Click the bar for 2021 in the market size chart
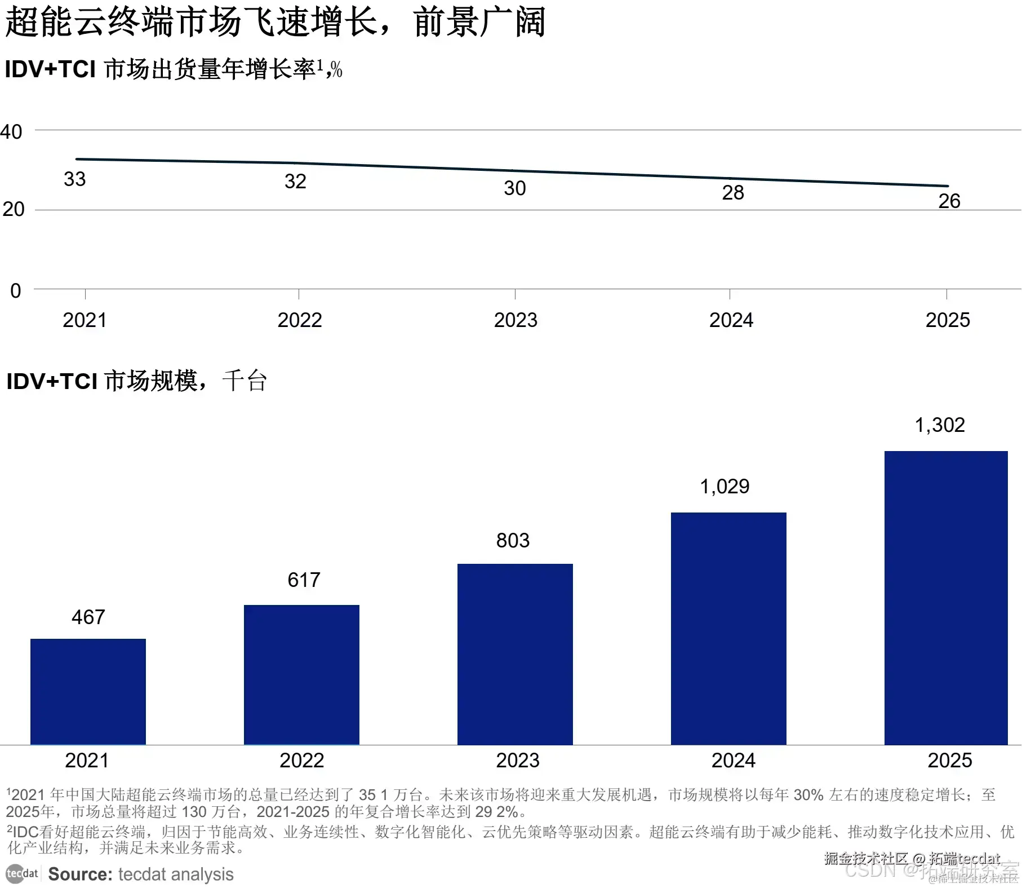88,691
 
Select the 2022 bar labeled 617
301,674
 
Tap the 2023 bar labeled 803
515,654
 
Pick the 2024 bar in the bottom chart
728,628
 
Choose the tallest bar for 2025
945,598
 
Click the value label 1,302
940,425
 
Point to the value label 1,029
725,487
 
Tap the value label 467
88,617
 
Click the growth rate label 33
75,179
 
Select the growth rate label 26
949,201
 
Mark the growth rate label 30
515,188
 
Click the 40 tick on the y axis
11,132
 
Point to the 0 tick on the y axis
16,291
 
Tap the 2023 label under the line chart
516,320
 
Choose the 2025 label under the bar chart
950,761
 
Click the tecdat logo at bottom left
22,874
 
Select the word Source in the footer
80,874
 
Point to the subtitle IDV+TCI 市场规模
101,381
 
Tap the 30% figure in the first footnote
808,795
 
